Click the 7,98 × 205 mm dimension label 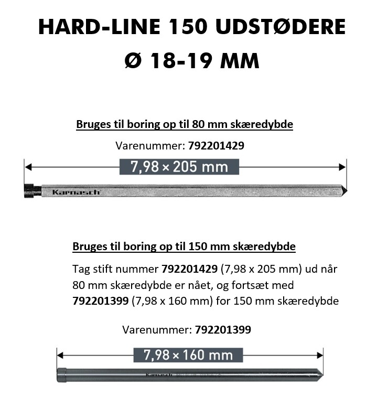pos(179,167)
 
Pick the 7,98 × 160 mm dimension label pos(188,355)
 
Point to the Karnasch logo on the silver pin pos(77,192)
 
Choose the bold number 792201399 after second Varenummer pos(223,330)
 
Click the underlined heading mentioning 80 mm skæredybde pos(185,124)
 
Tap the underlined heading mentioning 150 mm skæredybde pos(184,246)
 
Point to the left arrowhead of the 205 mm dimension pos(28,167)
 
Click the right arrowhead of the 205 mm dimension pos(342,167)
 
